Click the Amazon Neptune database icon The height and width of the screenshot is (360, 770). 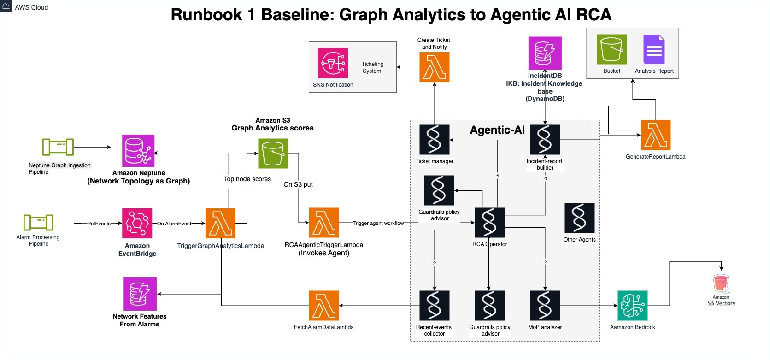click(138, 151)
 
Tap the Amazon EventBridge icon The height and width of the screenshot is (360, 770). click(137, 224)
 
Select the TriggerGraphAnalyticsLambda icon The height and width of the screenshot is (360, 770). click(220, 224)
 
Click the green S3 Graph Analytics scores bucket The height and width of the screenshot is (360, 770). click(273, 153)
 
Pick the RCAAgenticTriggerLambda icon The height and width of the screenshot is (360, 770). click(324, 223)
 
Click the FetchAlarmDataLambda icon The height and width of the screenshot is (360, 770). click(324, 306)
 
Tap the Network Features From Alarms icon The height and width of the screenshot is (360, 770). click(140, 294)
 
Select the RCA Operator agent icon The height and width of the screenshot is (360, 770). click(490, 223)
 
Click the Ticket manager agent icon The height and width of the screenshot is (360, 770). click(435, 140)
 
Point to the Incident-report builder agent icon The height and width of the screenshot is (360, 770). click(545, 140)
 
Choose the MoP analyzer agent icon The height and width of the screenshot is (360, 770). click(545, 306)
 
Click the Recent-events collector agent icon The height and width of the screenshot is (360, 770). click(435, 306)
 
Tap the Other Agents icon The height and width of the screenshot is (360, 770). click(580, 218)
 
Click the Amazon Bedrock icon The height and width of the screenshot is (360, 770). click(633, 306)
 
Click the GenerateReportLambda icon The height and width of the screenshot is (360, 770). click(656, 135)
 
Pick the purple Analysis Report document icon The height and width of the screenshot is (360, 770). click(654, 49)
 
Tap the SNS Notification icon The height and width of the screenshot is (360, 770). click(333, 63)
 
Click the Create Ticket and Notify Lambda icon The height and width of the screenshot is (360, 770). click(435, 67)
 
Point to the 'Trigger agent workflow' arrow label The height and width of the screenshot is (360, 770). click(378, 224)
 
